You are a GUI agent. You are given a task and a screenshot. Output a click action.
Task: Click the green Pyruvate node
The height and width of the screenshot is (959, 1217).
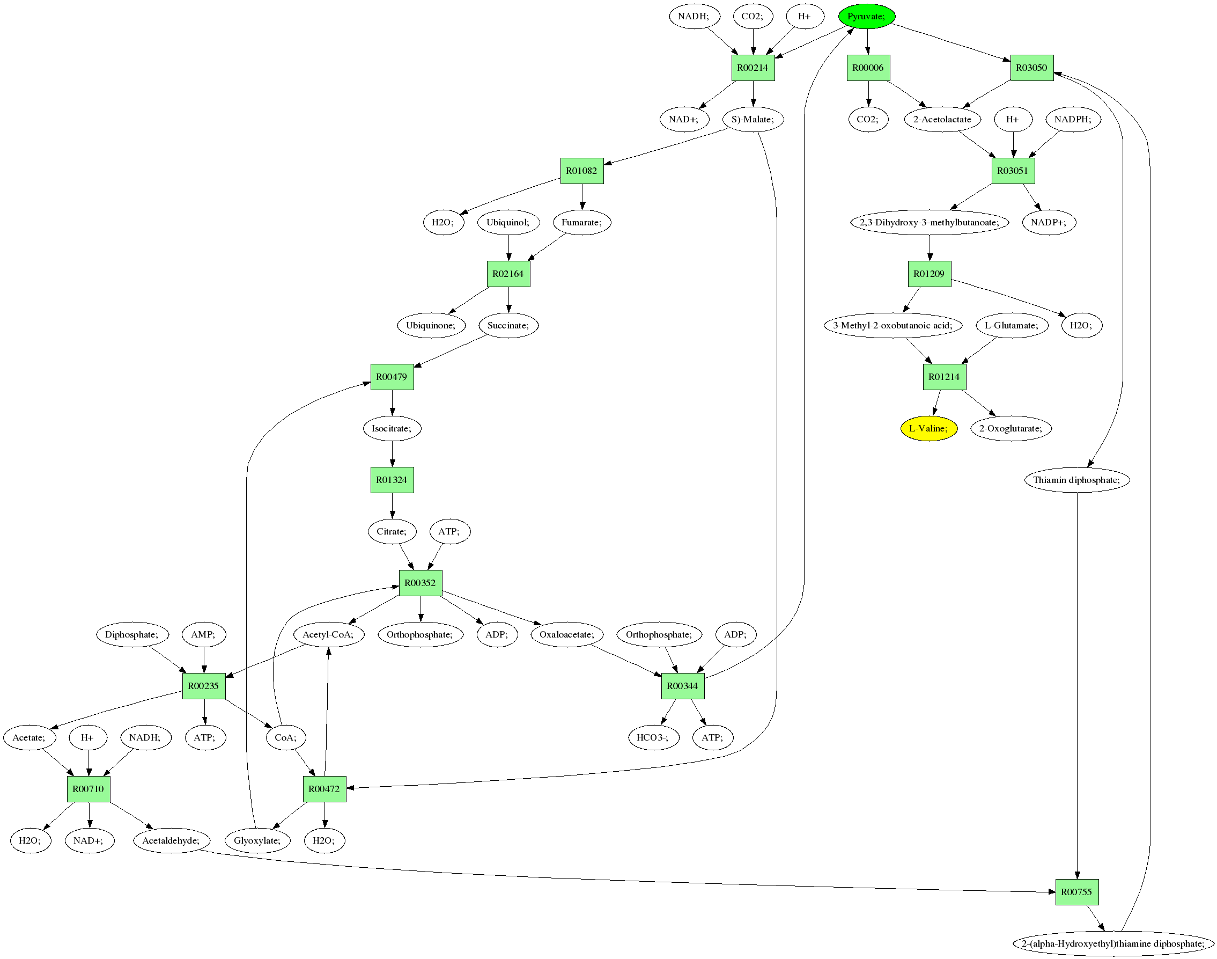pyautogui.click(x=867, y=16)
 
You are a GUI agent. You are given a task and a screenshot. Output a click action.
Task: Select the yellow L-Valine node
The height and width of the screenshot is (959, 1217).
pyautogui.click(x=928, y=428)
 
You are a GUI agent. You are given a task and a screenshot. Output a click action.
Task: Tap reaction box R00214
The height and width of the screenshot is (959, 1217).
pyautogui.click(x=753, y=68)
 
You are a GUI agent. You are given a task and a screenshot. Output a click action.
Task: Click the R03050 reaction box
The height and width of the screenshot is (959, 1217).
pyautogui.click(x=1032, y=68)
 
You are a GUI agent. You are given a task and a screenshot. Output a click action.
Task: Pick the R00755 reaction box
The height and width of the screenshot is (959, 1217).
pyautogui.click(x=1076, y=891)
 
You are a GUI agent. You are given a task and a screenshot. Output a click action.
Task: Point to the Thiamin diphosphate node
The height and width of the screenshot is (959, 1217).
pyautogui.click(x=1076, y=480)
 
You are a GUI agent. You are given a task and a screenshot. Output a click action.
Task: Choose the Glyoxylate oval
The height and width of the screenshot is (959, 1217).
pyautogui.click(x=257, y=840)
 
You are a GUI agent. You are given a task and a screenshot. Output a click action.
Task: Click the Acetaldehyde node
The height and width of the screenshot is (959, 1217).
pyautogui.click(x=171, y=840)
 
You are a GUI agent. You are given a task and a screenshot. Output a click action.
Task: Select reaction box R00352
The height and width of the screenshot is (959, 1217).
pyautogui.click(x=421, y=583)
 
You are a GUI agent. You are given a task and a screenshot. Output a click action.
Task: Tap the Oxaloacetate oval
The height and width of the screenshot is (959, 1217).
pyautogui.click(x=567, y=634)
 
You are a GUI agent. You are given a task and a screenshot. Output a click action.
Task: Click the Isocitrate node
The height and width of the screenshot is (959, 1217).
pyautogui.click(x=392, y=428)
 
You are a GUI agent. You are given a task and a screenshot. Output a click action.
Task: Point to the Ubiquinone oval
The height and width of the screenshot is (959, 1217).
pyautogui.click(x=431, y=325)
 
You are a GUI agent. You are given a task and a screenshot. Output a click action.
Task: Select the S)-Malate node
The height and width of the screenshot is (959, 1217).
pyautogui.click(x=753, y=119)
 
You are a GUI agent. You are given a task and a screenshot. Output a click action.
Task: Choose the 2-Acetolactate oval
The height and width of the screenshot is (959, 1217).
pyautogui.click(x=942, y=119)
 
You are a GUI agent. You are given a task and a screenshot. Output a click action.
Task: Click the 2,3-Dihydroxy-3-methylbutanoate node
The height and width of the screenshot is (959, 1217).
pyautogui.click(x=930, y=222)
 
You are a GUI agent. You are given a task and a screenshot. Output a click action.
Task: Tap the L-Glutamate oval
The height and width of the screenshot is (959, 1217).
pyautogui.click(x=1012, y=325)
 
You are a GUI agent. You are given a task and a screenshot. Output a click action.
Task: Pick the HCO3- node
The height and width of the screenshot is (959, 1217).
pyautogui.click(x=653, y=737)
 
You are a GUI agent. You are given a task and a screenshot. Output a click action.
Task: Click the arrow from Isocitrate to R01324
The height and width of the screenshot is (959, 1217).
pyautogui.click(x=392, y=453)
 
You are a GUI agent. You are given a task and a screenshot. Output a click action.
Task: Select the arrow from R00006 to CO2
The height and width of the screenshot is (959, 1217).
pyautogui.click(x=868, y=94)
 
